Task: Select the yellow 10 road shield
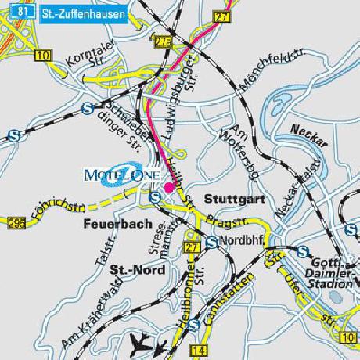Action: point(41,55)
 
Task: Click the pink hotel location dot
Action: point(168,187)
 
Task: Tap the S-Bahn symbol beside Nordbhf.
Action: point(211,243)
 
